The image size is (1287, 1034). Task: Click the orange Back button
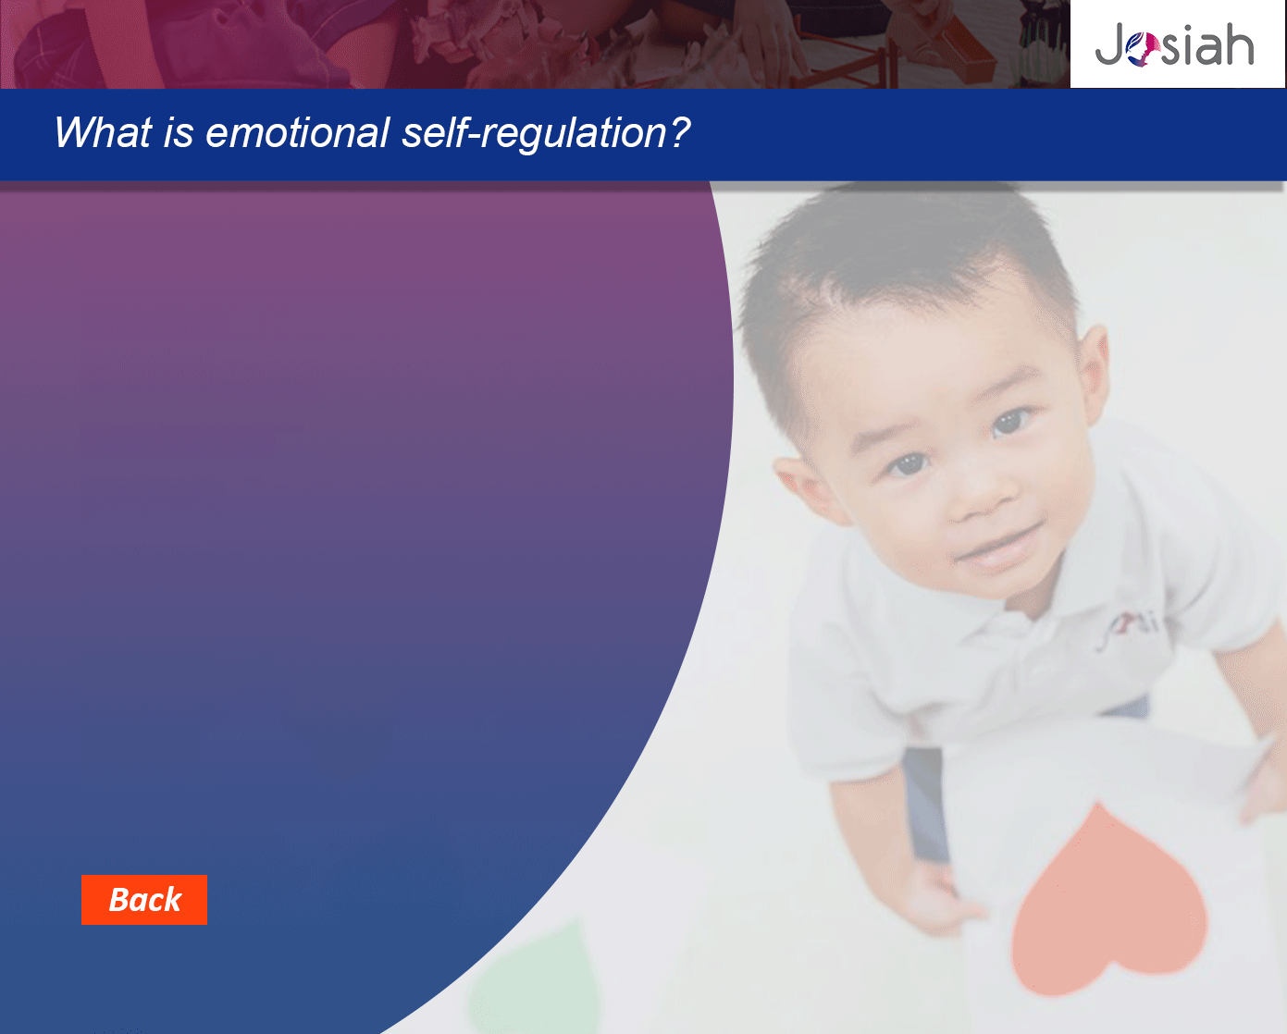click(x=144, y=900)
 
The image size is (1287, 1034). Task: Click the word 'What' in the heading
click(x=103, y=132)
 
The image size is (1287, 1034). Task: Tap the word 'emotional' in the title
click(x=297, y=132)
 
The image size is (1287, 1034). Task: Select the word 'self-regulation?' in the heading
click(x=546, y=133)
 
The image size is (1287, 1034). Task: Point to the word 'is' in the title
click(x=179, y=132)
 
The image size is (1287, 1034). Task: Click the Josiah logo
click(x=1174, y=44)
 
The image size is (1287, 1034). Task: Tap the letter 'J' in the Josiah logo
click(x=1109, y=45)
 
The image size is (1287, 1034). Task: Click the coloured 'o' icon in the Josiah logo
click(x=1144, y=49)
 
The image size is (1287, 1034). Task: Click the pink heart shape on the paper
click(x=1108, y=901)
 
